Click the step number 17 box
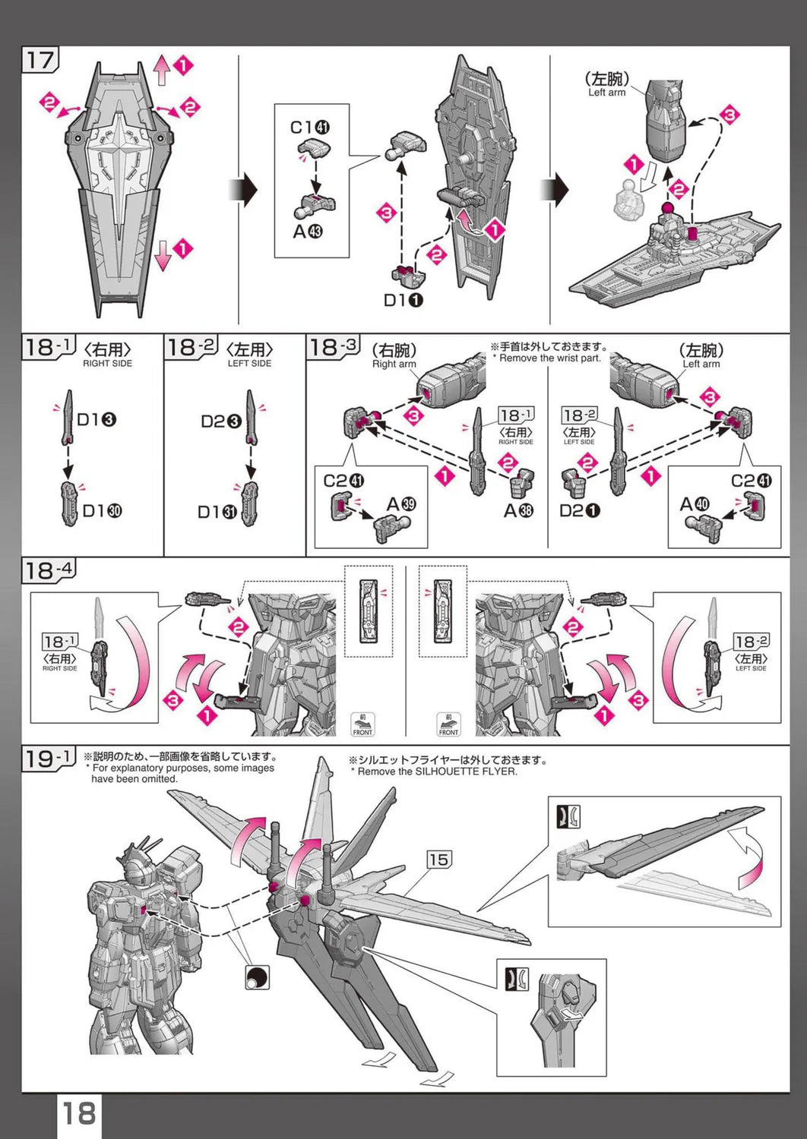pos(40,60)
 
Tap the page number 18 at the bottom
pos(78,1114)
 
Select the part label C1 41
pos(310,128)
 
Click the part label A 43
pos(308,231)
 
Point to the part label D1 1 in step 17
pos(403,300)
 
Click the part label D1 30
pos(102,511)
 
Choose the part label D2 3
pos(221,421)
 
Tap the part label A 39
pos(400,504)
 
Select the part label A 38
pos(518,510)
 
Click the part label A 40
pos(694,504)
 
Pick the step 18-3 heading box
pos(332,348)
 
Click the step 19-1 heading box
pos(49,759)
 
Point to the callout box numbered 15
pos(438,860)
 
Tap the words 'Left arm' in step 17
pos(606,93)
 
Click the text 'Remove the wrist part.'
pos(549,358)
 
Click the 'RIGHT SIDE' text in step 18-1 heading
pos(107,364)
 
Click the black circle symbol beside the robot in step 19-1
pos(258,977)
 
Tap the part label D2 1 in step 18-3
pos(579,510)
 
